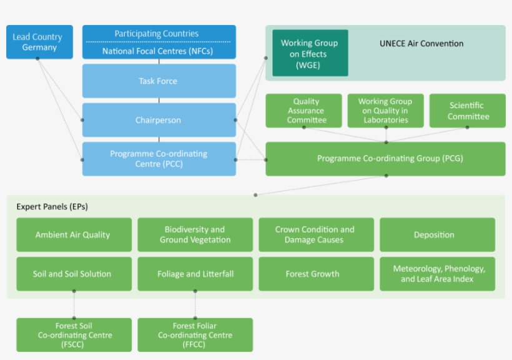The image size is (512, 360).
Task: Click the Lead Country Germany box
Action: coord(39,42)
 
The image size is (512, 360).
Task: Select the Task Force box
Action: coord(159,81)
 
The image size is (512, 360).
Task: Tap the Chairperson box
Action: coord(159,120)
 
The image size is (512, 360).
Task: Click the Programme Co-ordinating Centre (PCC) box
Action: coord(159,159)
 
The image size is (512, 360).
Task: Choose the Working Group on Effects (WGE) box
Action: coord(310,54)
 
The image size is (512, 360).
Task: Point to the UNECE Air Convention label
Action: coord(421,44)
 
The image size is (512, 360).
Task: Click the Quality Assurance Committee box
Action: coord(304,111)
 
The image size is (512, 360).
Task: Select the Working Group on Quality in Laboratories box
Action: coord(385,111)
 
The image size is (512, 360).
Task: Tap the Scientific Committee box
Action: coord(468,111)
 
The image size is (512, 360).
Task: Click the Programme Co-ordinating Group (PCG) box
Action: coord(385,159)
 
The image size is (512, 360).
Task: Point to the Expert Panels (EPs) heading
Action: coord(52,206)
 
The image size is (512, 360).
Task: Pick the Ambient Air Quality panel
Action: coord(74,235)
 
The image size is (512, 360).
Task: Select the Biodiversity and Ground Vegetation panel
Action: coord(195,235)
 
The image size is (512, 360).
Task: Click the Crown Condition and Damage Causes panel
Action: coord(315,235)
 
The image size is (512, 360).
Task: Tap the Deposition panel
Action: coord(436,235)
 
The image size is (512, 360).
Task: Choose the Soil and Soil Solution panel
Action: coord(74,274)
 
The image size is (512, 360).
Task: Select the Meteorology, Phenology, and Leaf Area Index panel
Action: coord(436,274)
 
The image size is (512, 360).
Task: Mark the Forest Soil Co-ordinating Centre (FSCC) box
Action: coord(74,335)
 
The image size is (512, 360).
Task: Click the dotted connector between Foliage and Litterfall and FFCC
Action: coord(195,305)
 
